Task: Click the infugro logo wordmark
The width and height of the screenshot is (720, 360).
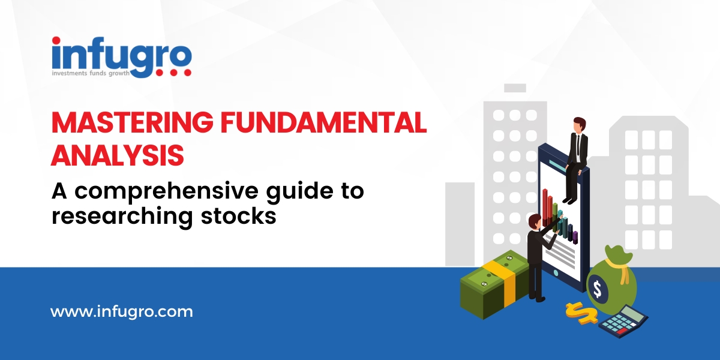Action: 121,57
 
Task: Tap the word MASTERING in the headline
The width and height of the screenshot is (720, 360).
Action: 132,122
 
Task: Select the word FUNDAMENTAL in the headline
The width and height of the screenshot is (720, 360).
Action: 323,122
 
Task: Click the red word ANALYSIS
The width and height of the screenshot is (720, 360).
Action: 118,155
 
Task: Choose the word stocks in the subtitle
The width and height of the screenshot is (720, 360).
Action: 239,216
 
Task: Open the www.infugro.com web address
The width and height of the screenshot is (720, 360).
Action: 122,312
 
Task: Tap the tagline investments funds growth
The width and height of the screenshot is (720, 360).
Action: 91,73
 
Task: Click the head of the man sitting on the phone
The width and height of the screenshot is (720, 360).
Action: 579,124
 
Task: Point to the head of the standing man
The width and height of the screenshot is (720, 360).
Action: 535,221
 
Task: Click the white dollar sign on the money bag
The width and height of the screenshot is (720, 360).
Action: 597,289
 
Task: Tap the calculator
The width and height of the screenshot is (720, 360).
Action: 623,321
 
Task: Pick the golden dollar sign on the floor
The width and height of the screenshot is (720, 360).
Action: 582,313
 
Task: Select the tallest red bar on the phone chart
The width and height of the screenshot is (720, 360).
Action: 545,206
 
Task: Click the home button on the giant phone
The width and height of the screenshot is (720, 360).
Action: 556,273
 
